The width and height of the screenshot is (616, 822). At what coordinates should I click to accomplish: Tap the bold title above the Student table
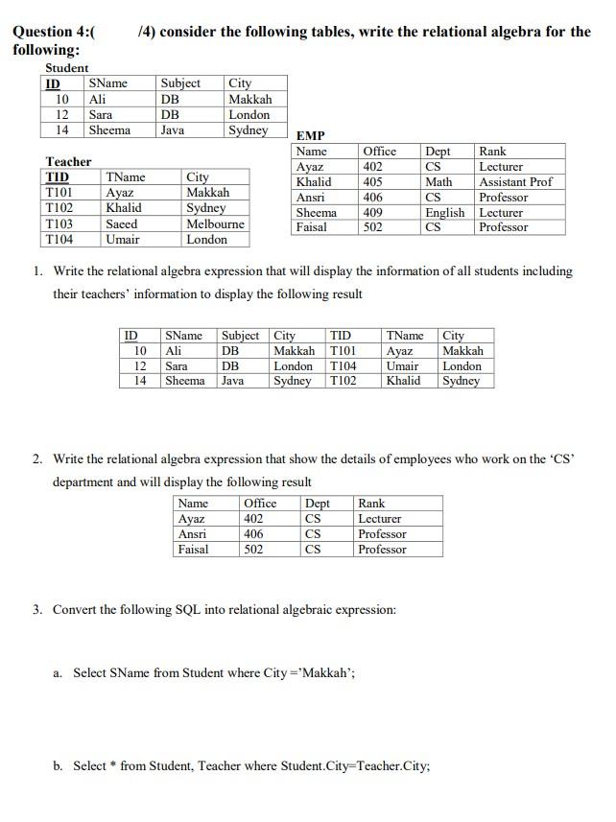pos(67,68)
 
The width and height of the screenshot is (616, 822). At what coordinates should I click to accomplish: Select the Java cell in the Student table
pos(173,130)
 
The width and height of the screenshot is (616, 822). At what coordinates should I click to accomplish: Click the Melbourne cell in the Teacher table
pos(215,223)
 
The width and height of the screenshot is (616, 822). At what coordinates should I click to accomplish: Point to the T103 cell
pos(59,223)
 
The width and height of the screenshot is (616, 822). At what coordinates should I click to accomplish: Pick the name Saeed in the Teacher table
pos(122,223)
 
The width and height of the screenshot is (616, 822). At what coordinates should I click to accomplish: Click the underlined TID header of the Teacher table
pos(58,177)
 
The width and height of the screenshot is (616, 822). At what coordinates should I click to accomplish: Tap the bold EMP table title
pos(311,136)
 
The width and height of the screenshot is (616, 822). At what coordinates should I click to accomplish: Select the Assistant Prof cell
pos(515,182)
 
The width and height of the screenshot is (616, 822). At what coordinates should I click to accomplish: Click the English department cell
pos(444,213)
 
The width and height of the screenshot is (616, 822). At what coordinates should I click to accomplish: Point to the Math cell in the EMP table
pos(438,182)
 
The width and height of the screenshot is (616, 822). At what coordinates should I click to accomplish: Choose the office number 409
pos(373,213)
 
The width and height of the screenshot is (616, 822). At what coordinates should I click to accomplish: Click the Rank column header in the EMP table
pos(492,152)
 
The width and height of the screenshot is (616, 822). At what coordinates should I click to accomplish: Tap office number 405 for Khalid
pos(373,182)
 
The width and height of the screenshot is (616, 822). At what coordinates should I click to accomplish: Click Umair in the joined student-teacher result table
pos(402,366)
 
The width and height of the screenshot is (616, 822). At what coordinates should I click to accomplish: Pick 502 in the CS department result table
pos(254,550)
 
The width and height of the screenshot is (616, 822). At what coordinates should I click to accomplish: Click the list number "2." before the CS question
pos(37,459)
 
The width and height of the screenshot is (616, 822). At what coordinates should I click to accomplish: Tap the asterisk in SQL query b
pos(114,766)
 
